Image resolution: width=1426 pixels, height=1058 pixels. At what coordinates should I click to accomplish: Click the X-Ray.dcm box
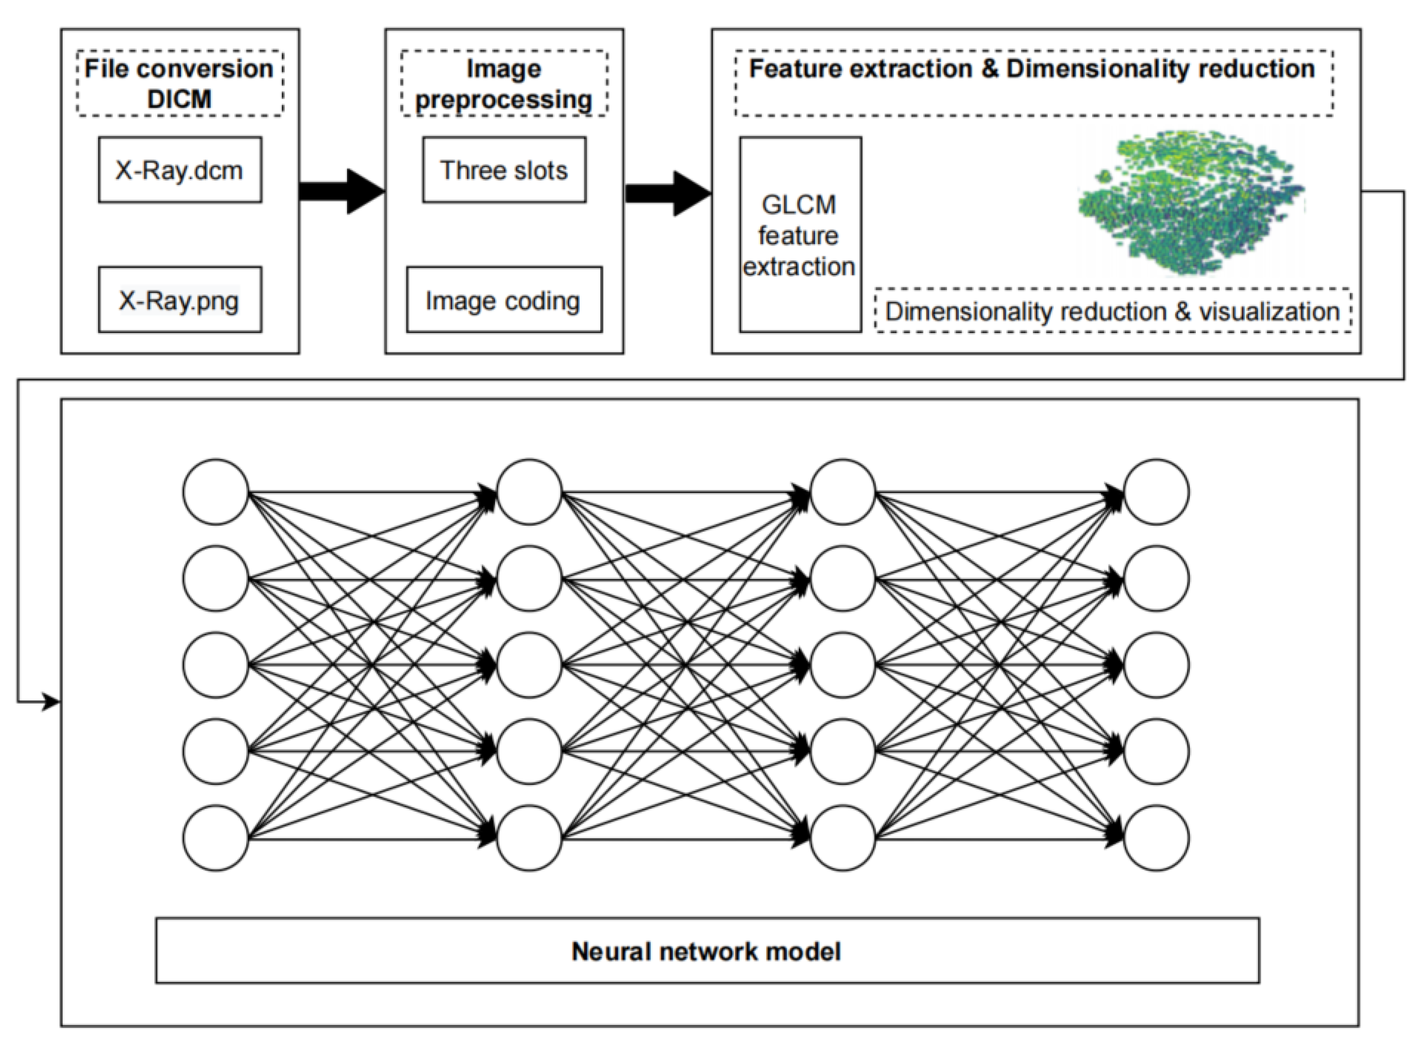coord(180,170)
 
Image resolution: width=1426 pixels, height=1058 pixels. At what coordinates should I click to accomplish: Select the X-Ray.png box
coord(180,300)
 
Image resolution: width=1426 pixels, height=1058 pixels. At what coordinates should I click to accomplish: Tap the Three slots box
coord(504,170)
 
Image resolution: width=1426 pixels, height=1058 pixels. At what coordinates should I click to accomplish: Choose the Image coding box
coord(504,300)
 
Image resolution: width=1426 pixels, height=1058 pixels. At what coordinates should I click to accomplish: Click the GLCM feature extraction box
coord(800,235)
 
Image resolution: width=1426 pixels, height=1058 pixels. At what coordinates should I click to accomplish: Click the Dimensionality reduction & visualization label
coord(1113,311)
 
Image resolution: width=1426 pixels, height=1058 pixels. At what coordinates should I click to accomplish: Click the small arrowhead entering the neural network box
coord(51,702)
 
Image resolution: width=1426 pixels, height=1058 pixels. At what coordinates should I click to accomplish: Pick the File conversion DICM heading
coord(180,83)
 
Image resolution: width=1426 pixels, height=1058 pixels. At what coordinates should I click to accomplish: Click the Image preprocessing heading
coord(504,83)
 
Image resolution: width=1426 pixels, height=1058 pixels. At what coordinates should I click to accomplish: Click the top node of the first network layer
coord(215,492)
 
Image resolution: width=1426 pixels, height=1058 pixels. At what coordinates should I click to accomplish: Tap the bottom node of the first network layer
coord(215,838)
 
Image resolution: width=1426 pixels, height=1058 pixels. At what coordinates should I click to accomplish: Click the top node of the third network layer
coord(842,492)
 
